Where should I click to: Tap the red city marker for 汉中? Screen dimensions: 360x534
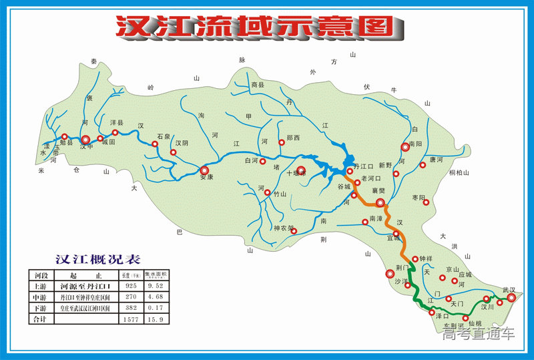pos(86,140)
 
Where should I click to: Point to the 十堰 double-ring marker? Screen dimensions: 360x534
pos(301,171)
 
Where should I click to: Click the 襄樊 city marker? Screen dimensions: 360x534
pos(380,202)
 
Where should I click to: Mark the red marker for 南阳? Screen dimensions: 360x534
pos(405,148)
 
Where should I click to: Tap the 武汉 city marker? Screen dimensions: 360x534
pos(511,298)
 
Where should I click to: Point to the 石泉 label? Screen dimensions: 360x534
pos(164,136)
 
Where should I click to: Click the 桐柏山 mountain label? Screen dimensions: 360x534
pos(459,173)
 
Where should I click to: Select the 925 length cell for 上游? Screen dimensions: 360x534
pos(129,286)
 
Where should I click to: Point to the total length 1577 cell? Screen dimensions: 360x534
pos(129,320)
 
